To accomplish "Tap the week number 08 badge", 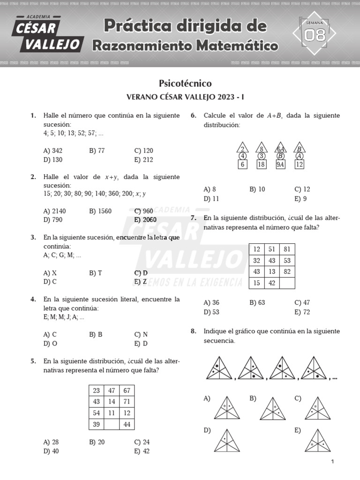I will [314, 34].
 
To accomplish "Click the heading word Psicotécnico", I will [185, 83].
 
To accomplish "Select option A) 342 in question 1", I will [52, 150].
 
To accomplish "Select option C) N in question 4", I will [141, 334].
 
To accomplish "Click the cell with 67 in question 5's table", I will [127, 390].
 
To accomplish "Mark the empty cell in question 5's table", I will [112, 424].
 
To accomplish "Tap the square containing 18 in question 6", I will [262, 164].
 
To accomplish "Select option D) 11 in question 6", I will [212, 198].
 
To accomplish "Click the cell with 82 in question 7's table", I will [287, 271].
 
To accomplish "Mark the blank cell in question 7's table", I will [287, 283].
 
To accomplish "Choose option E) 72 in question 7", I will [302, 312].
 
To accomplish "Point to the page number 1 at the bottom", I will [332, 462].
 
